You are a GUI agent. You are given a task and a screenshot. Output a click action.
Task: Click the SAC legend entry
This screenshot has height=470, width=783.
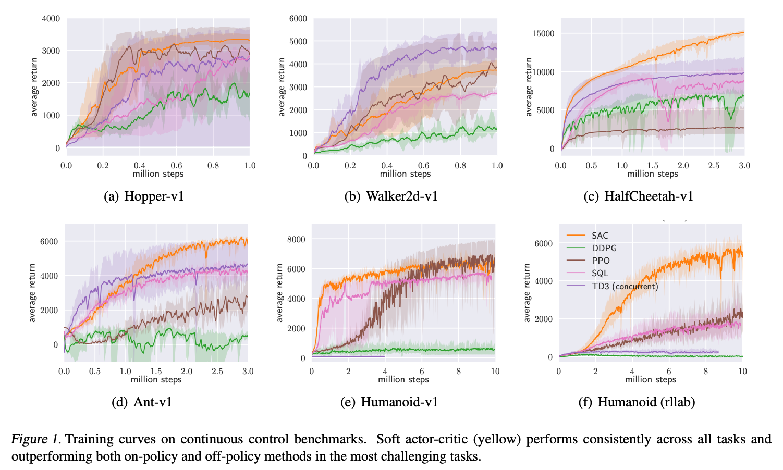click(x=600, y=236)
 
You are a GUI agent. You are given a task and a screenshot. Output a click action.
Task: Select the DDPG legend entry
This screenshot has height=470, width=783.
click(x=604, y=249)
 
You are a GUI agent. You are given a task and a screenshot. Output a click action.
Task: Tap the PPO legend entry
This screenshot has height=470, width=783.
click(x=601, y=261)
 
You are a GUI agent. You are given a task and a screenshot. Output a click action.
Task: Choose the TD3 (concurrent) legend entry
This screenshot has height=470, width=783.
click(x=625, y=286)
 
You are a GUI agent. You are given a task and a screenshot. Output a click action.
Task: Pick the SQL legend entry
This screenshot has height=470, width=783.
click(x=600, y=274)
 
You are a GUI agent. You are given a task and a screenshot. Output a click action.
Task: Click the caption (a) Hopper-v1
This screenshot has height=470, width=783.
click(x=144, y=196)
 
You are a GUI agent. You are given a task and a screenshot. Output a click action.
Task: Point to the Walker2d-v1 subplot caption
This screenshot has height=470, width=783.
click(x=391, y=196)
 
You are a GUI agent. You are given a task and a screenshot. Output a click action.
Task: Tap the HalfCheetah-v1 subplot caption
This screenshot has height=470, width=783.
click(x=639, y=196)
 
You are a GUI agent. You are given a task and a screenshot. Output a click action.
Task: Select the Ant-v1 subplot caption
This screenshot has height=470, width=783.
click(x=142, y=402)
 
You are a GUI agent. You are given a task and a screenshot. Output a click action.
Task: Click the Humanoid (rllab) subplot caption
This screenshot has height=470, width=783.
click(x=637, y=402)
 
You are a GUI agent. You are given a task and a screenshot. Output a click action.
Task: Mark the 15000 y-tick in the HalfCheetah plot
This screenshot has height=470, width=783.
click(x=543, y=34)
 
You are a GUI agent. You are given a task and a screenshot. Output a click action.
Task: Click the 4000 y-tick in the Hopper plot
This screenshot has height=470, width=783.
click(x=51, y=19)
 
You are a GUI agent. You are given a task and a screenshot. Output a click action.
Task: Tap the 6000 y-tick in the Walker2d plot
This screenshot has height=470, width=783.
click(x=298, y=19)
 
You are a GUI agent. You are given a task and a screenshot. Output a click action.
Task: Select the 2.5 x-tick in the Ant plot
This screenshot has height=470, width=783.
click(x=217, y=372)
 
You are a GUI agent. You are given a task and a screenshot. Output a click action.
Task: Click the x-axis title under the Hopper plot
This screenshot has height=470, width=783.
click(x=158, y=174)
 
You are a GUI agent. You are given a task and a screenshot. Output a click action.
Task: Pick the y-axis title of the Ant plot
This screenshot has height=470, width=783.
click(x=32, y=293)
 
